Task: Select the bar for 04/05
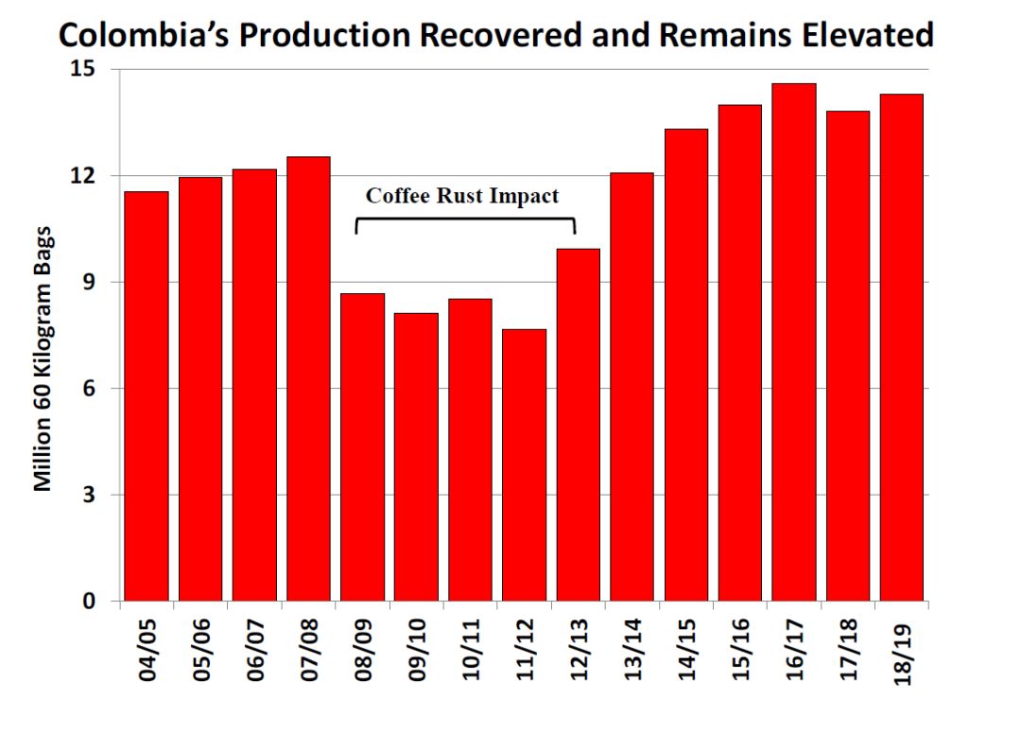(146, 397)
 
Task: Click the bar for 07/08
(308, 378)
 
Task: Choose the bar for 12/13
(578, 426)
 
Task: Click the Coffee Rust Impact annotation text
(462, 197)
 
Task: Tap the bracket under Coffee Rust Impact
(465, 222)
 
